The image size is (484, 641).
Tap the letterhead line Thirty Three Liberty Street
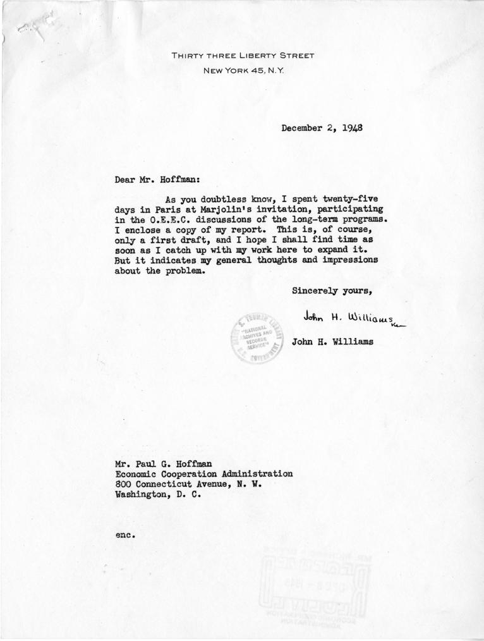point(243,56)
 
